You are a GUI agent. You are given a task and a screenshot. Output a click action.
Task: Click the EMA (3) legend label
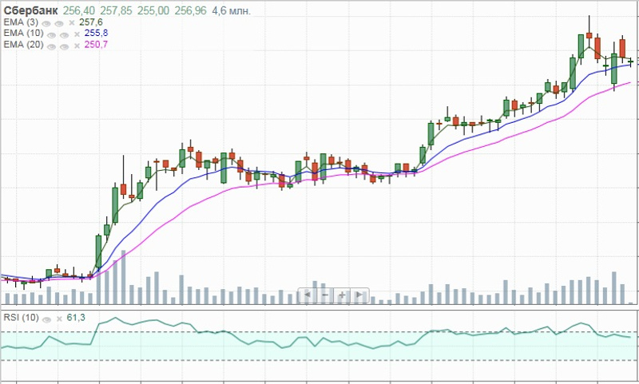pyautogui.click(x=19, y=22)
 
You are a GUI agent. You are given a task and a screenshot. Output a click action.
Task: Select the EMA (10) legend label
pyautogui.click(x=22, y=34)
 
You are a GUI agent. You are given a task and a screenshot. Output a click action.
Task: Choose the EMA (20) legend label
pyautogui.click(x=22, y=45)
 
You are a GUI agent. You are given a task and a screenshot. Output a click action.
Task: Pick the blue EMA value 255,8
pyautogui.click(x=96, y=34)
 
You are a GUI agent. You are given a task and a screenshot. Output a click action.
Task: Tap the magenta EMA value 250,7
pyautogui.click(x=96, y=45)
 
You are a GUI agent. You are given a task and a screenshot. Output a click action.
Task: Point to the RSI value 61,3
pyautogui.click(x=76, y=318)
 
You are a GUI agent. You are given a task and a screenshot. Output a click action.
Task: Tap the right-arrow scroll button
pyautogui.click(x=360, y=295)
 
